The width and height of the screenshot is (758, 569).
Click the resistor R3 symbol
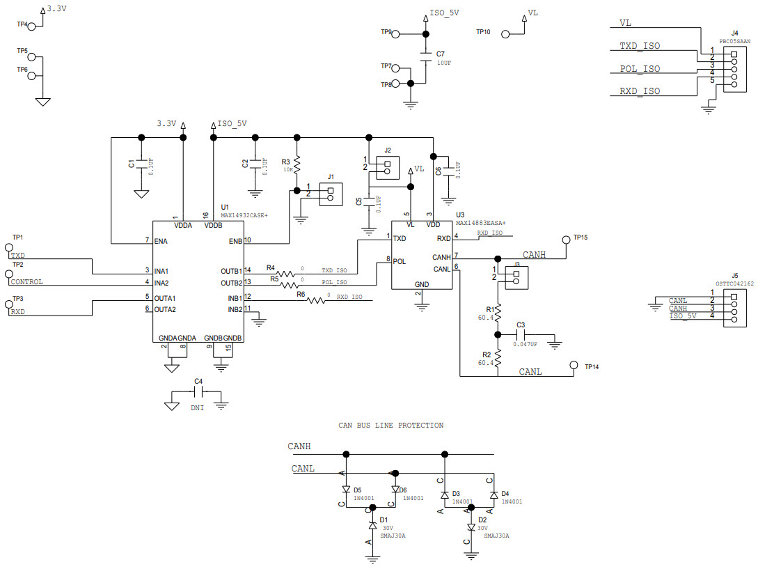297,166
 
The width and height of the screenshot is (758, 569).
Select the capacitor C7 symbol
424,54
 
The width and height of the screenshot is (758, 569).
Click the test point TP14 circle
574,366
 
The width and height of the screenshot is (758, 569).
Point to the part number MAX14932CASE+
244,216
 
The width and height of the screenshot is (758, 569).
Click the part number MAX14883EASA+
481,223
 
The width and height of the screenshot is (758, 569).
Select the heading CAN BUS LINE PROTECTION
390,425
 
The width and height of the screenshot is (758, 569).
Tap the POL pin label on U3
400,262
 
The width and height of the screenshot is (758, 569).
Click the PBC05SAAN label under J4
734,42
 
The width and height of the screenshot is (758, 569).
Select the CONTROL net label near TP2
27,282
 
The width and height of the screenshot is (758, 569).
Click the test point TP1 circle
10,247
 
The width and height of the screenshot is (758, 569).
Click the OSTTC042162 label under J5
734,284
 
